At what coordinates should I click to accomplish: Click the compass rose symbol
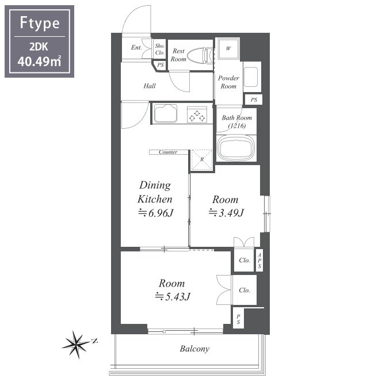tap(76, 344)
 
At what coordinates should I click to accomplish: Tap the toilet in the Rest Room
tap(200, 56)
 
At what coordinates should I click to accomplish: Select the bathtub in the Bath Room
tap(236, 148)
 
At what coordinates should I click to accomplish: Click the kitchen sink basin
tap(166, 113)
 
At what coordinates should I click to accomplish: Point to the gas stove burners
tap(197, 115)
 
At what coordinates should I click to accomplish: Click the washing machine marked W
tap(228, 48)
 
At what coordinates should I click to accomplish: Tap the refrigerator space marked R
tap(202, 159)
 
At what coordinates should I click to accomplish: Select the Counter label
tap(168, 152)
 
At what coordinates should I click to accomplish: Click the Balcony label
tap(194, 349)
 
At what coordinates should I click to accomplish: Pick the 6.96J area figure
tap(156, 213)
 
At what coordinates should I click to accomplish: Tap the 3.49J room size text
tap(226, 213)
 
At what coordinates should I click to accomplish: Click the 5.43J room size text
tap(173, 296)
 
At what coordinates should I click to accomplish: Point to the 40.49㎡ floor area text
tap(39, 61)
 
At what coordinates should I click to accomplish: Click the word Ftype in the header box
tap(40, 23)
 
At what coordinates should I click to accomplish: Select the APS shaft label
tap(259, 261)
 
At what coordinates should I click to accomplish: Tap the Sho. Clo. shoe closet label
tap(160, 49)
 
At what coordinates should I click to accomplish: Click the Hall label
tap(150, 86)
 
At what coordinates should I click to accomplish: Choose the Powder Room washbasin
tap(251, 77)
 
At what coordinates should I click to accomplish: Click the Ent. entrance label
tap(136, 47)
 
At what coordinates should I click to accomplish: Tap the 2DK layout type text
tap(39, 47)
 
